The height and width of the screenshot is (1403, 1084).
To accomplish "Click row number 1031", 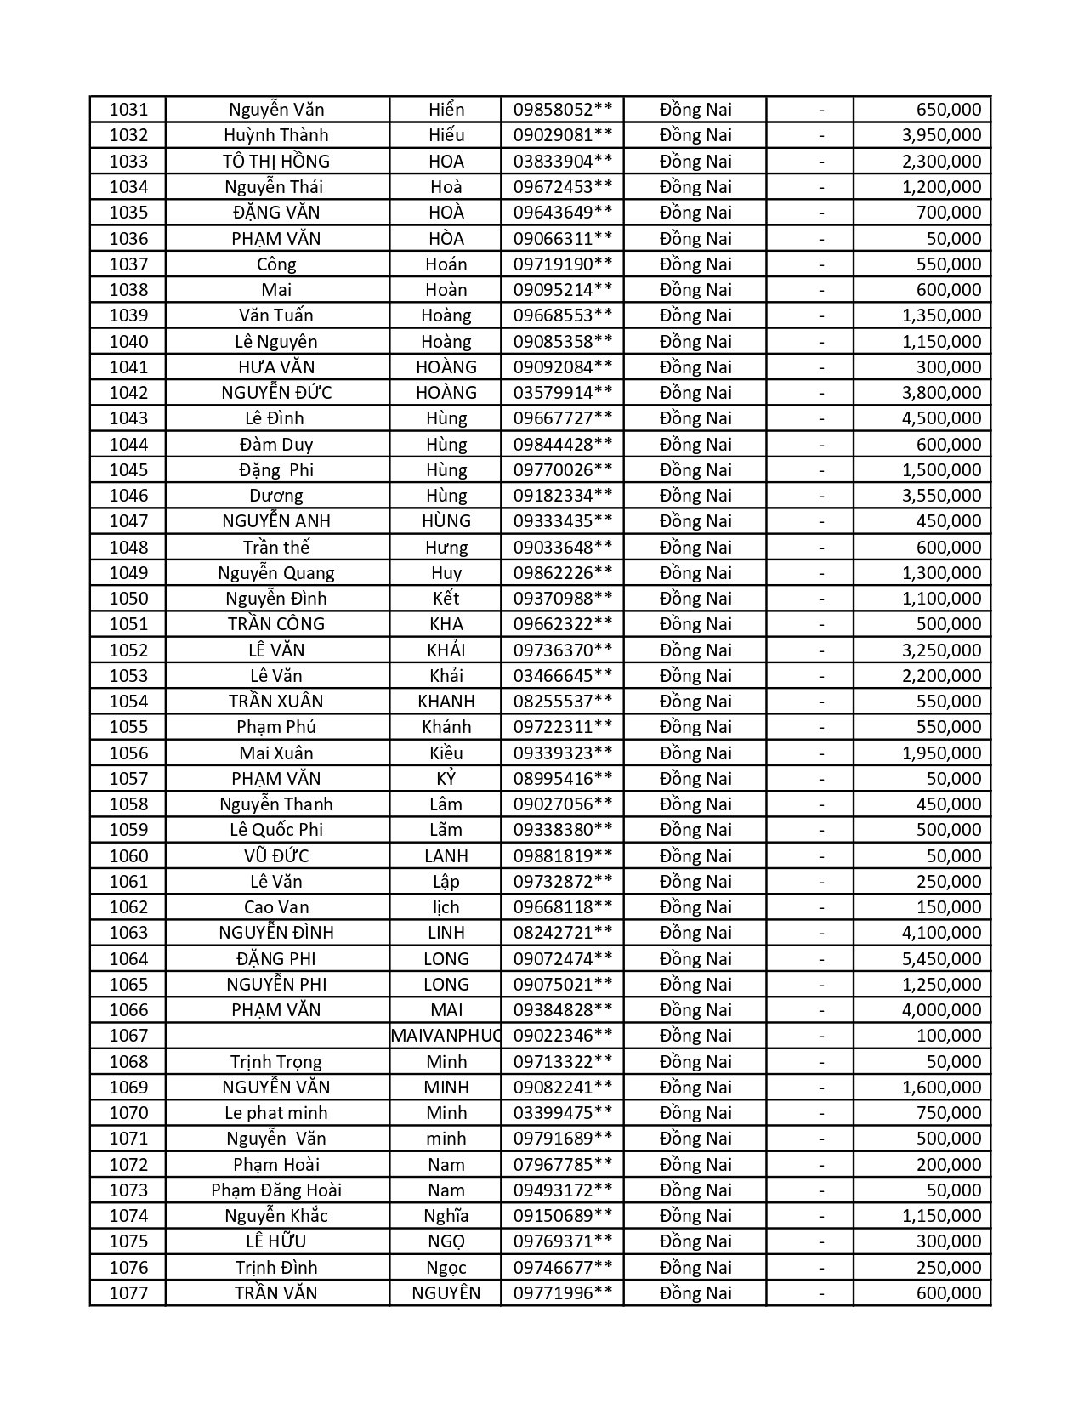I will (x=128, y=110).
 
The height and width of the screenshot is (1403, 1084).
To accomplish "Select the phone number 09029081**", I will (x=563, y=135).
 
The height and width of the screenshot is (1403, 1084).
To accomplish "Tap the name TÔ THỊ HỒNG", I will (x=276, y=162).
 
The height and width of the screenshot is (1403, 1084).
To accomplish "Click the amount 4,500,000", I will (x=941, y=418).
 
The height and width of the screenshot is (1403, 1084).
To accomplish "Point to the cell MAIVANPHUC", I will (x=446, y=1036).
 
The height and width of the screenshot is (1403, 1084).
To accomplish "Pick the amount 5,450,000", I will (x=941, y=959).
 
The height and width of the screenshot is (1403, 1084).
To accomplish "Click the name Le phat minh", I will (x=276, y=1113).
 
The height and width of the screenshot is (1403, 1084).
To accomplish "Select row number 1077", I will (x=128, y=1293).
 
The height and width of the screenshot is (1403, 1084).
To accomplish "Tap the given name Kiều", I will (x=446, y=753).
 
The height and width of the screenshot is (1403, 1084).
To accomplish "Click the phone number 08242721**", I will (x=563, y=933).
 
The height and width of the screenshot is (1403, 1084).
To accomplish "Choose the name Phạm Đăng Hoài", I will (x=276, y=1190).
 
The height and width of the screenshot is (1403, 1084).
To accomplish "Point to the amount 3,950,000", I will (x=941, y=135).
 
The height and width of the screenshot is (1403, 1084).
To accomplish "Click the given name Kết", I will (x=446, y=599).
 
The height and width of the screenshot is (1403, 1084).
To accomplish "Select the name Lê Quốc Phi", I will (x=276, y=830).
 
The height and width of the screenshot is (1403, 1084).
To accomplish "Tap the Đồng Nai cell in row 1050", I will (x=695, y=599).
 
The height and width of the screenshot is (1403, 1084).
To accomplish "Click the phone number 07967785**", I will (x=563, y=1165).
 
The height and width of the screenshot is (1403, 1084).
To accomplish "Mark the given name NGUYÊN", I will (x=446, y=1293).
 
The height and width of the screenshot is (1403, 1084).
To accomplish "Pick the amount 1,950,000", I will (x=941, y=753).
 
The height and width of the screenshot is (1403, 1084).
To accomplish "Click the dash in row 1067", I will (x=821, y=1036).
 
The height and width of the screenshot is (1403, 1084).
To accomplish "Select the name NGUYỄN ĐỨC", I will (x=276, y=393).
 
